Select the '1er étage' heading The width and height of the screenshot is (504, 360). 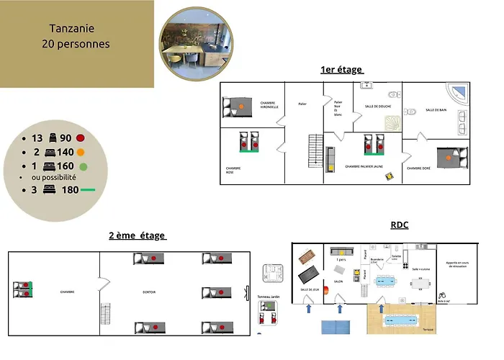pos(342,70)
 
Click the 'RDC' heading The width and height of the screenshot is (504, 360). pos(399,225)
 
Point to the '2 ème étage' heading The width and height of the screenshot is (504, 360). pos(137,235)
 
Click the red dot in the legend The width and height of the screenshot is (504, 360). pos(81,138)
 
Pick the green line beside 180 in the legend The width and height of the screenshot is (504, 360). pos(87,191)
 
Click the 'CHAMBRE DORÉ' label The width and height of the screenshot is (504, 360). pos(419,168)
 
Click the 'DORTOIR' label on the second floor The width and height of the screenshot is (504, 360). pos(149,292)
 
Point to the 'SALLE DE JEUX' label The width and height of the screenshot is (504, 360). pos(310,289)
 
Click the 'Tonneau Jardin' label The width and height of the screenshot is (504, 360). pos(268,297)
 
